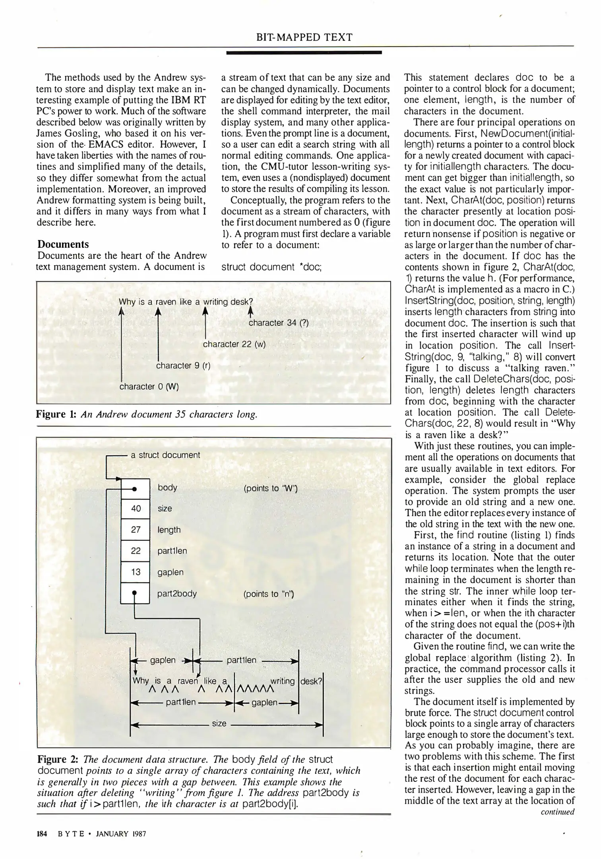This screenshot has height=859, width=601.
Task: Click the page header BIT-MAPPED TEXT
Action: coord(304,37)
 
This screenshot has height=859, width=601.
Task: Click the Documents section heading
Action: coord(63,244)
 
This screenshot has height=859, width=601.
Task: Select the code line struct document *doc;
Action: coord(271,267)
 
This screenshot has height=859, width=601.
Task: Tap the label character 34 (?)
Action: coord(278,323)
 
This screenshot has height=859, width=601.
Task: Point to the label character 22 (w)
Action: coord(234,344)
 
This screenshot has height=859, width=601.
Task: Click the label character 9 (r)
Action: coord(183,365)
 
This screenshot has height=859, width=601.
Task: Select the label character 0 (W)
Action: coord(149,386)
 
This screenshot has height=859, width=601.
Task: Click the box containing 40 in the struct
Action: coord(135,508)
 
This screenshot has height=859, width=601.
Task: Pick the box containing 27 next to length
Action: coord(135,530)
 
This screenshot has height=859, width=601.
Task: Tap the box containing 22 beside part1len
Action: coord(135,551)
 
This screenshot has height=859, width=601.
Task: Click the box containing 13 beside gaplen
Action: coord(135,572)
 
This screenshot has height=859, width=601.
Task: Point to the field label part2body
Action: coord(177,594)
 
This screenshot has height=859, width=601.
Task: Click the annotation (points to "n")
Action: coord(268,594)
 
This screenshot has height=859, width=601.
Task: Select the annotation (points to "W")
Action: coord(270,488)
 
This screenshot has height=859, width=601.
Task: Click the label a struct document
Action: coord(165,455)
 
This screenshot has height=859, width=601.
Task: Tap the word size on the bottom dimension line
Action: coord(219,723)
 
